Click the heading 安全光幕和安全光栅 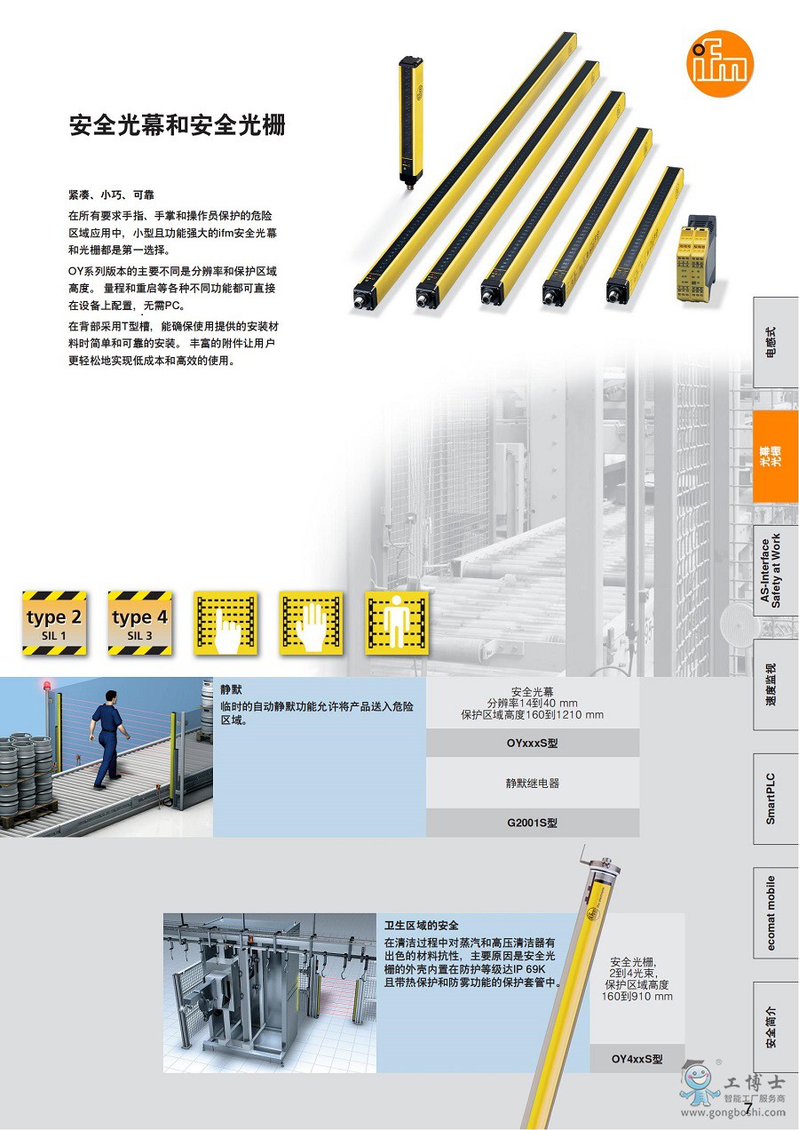(x=178, y=125)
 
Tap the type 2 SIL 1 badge (x=54, y=623)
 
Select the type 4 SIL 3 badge (x=139, y=623)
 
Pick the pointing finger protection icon (x=225, y=623)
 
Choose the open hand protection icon (x=311, y=623)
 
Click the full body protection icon (x=396, y=623)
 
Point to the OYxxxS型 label (x=533, y=744)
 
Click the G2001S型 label (x=533, y=823)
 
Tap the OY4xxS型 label (x=637, y=1058)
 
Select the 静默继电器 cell (x=533, y=784)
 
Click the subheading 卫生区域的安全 (x=422, y=926)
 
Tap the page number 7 (x=748, y=1108)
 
